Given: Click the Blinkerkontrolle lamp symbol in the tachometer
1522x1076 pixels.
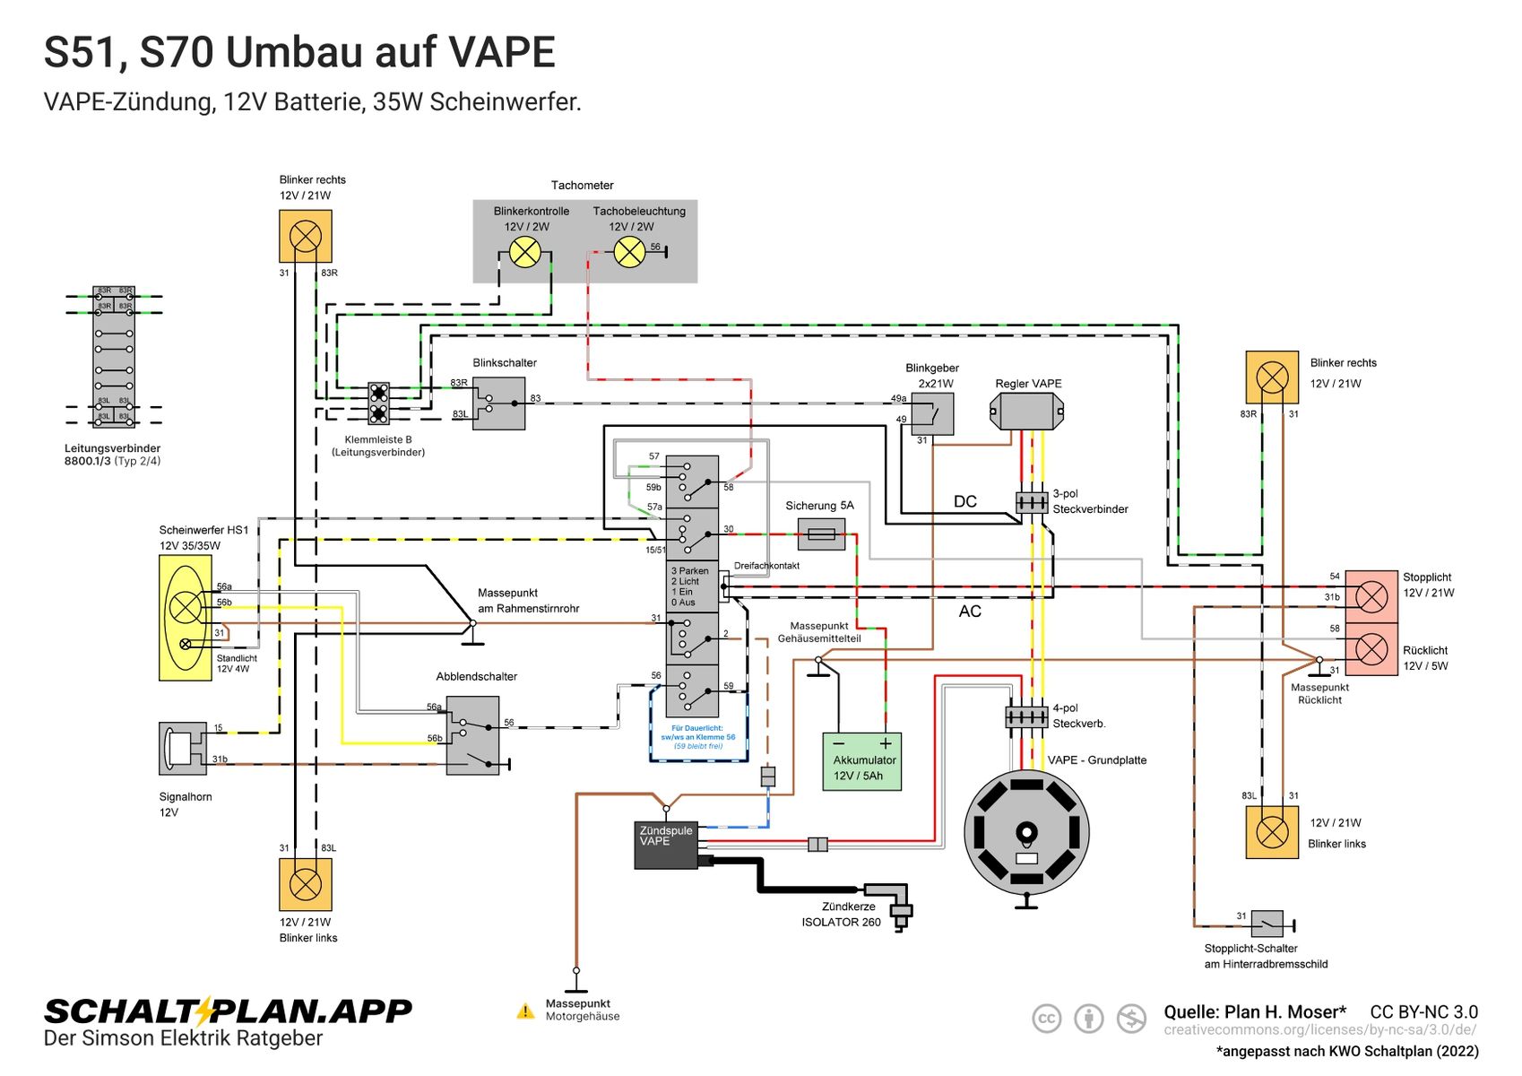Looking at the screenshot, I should (525, 252).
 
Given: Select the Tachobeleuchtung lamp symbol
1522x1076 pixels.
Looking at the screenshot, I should (629, 252).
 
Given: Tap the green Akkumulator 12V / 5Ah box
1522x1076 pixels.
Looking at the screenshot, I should (861, 761).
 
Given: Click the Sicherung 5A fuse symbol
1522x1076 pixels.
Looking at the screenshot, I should (821, 534).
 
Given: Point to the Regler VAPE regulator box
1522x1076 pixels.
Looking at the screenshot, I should (1026, 412).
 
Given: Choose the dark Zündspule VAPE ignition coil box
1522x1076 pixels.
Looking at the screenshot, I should (666, 845).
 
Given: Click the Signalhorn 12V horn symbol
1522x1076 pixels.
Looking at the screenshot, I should (182, 748).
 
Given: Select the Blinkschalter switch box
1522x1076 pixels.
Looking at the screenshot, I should (498, 403).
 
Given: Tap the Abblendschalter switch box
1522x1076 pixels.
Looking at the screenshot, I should (472, 735).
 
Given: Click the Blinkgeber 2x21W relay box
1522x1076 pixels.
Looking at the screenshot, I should (932, 413).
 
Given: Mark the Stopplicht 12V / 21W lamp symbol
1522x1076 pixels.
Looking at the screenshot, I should (1371, 596).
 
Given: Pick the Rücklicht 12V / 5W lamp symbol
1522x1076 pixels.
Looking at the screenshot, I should (1371, 648).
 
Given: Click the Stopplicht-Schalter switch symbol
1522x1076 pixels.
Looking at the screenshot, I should (1267, 923).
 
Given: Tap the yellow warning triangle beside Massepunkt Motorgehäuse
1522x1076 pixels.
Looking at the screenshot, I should (526, 1011).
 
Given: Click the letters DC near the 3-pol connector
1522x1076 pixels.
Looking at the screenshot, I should (965, 501).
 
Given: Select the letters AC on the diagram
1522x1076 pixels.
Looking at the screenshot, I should (970, 612).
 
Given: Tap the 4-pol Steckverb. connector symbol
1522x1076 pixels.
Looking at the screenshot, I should (1026, 716).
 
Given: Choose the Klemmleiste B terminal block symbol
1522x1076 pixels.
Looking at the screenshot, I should (379, 403).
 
